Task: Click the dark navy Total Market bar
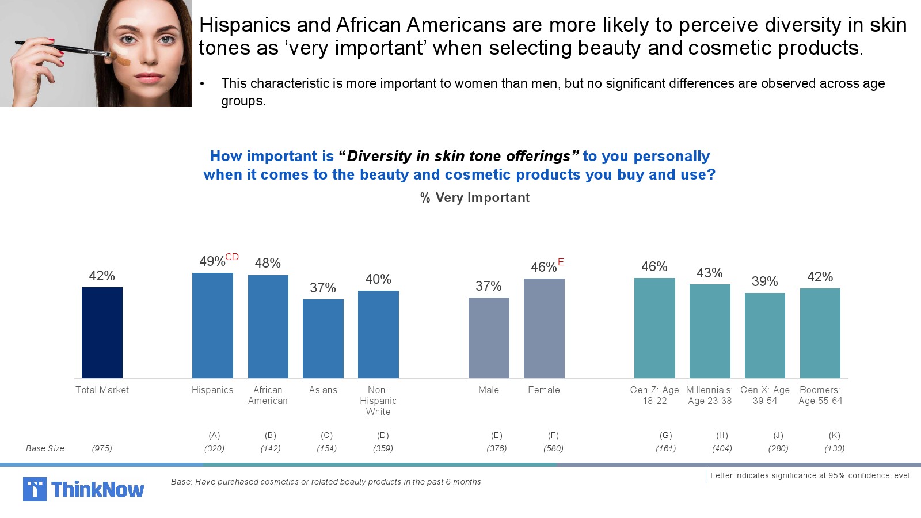pyautogui.click(x=102, y=332)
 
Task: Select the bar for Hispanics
pyautogui.click(x=212, y=325)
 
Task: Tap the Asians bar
pyautogui.click(x=323, y=338)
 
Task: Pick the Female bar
pyautogui.click(x=544, y=328)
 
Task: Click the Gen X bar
pyautogui.click(x=765, y=335)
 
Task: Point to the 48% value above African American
pyautogui.click(x=268, y=263)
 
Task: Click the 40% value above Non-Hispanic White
pyautogui.click(x=378, y=279)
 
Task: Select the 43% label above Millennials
pyautogui.click(x=710, y=273)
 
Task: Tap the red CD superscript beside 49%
pyautogui.click(x=232, y=257)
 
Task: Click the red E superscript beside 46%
pyautogui.click(x=561, y=262)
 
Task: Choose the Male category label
pyautogui.click(x=489, y=390)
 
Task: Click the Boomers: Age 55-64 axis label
pyautogui.click(x=820, y=395)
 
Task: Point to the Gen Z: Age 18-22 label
pyautogui.click(x=654, y=395)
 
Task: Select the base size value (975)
pyautogui.click(x=102, y=448)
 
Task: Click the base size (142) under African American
pyautogui.click(x=271, y=448)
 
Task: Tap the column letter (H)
pyautogui.click(x=722, y=435)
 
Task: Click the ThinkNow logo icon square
pyautogui.click(x=35, y=489)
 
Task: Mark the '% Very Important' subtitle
pyautogui.click(x=475, y=197)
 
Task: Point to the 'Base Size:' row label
pyautogui.click(x=46, y=448)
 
